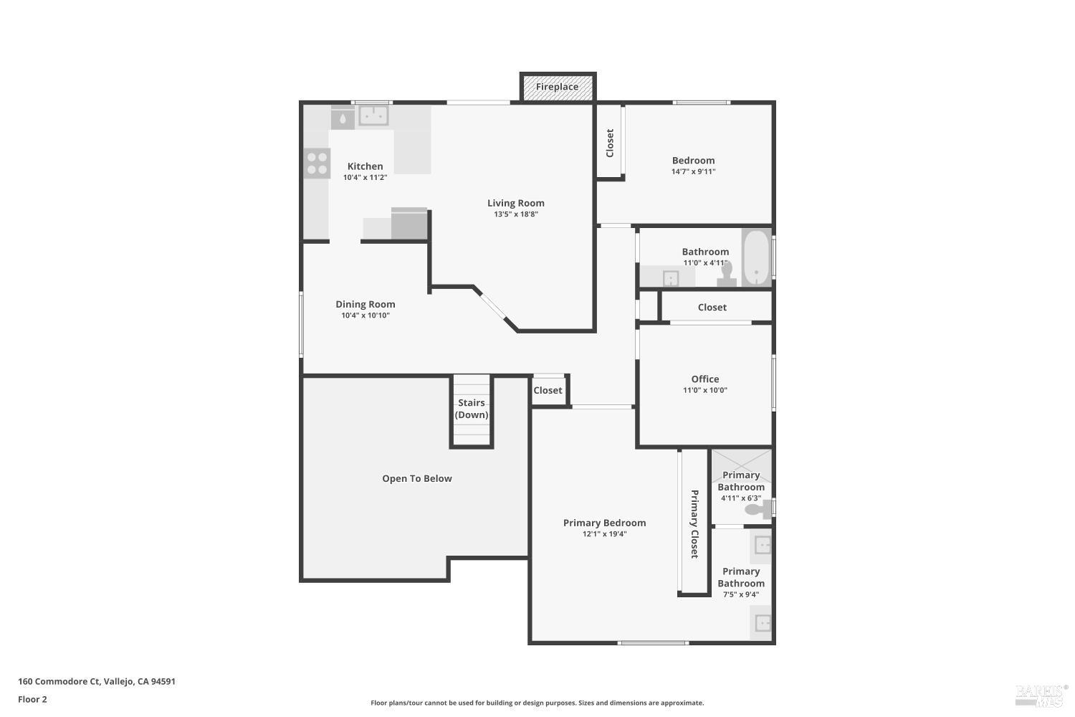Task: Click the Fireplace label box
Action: click(558, 87)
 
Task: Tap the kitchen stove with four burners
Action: click(317, 163)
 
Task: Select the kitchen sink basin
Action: click(373, 115)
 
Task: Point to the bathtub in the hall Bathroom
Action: click(755, 257)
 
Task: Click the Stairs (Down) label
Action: click(472, 409)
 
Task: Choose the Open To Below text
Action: click(417, 479)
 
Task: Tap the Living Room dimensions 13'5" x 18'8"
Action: click(516, 214)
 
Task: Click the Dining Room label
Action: click(365, 305)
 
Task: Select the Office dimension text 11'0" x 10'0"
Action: click(705, 391)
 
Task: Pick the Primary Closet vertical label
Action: click(694, 523)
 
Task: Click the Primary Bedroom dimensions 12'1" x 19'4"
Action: click(604, 534)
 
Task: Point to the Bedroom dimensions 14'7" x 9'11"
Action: click(693, 171)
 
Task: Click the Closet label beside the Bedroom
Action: click(610, 143)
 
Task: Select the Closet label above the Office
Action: click(712, 308)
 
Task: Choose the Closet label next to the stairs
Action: click(548, 391)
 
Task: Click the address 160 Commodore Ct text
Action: click(97, 682)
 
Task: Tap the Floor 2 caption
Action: click(32, 700)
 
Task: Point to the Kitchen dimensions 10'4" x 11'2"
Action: click(365, 178)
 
